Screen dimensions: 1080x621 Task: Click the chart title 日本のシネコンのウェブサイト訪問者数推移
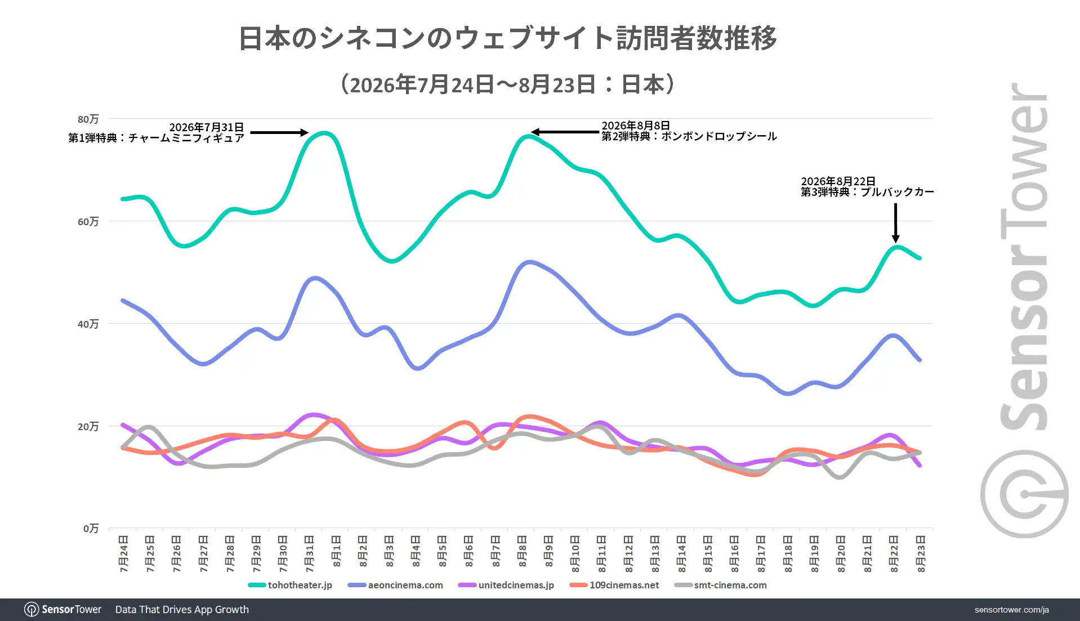click(508, 38)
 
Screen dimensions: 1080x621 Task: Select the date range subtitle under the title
click(508, 84)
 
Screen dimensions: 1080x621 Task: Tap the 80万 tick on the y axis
click(88, 119)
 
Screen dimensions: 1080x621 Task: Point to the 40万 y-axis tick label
click(88, 324)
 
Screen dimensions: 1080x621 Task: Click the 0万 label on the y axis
click(91, 528)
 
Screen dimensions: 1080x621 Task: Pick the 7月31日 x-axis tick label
click(310, 554)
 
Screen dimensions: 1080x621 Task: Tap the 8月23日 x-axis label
click(921, 554)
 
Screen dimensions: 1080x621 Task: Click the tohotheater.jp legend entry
click(291, 585)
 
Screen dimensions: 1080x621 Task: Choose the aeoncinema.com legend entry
click(396, 585)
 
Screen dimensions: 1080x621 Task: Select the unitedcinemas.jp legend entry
click(507, 585)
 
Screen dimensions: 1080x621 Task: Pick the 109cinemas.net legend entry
click(614, 585)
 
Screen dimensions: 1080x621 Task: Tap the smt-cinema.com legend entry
click(721, 585)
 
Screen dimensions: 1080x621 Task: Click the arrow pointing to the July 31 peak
click(279, 133)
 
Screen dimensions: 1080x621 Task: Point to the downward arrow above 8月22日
click(895, 223)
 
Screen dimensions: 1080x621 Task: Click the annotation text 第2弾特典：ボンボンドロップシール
click(689, 136)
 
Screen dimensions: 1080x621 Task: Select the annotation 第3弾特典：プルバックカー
click(868, 192)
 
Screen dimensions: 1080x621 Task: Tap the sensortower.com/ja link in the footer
click(1011, 610)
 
